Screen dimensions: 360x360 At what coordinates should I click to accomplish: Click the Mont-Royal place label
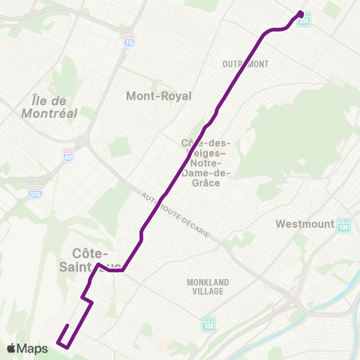(x=158, y=96)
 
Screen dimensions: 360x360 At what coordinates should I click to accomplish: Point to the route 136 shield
(x=344, y=226)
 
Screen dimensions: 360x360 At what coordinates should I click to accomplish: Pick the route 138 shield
(x=208, y=325)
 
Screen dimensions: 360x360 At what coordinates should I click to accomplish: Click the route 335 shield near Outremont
(x=304, y=22)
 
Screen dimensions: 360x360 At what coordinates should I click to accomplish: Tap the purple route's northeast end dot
(x=301, y=13)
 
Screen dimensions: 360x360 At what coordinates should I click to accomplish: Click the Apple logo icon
(x=11, y=348)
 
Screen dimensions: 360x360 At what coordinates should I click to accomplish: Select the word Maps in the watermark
(x=33, y=348)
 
